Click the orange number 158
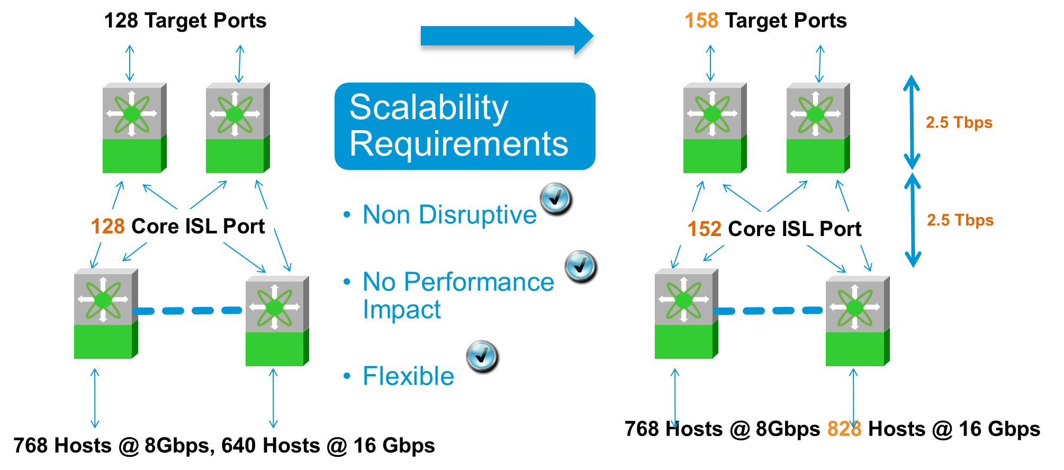point(701,21)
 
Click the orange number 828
point(844,428)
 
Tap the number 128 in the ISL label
point(107,227)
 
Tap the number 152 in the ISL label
point(704,229)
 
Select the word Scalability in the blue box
point(429,107)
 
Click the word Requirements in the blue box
point(458,144)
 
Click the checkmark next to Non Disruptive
point(555,197)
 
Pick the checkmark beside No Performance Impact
point(580,265)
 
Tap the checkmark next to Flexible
point(481,355)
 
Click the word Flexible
point(408,376)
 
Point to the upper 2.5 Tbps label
point(959,122)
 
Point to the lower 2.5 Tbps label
point(960,220)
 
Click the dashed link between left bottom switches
point(188,311)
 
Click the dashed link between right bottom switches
point(769,311)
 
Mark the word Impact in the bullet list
point(402,310)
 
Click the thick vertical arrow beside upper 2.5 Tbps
point(912,122)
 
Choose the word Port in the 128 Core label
point(244,227)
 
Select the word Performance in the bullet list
point(479,282)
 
